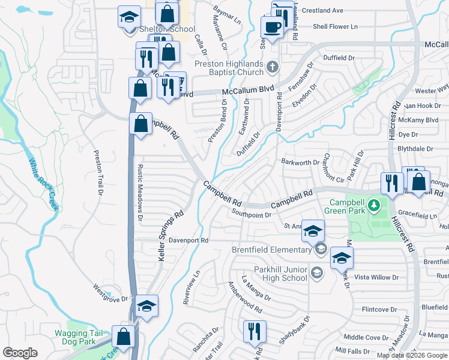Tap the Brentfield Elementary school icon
321,250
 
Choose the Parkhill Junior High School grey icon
316,274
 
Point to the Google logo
20,352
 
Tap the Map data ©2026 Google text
411,355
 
